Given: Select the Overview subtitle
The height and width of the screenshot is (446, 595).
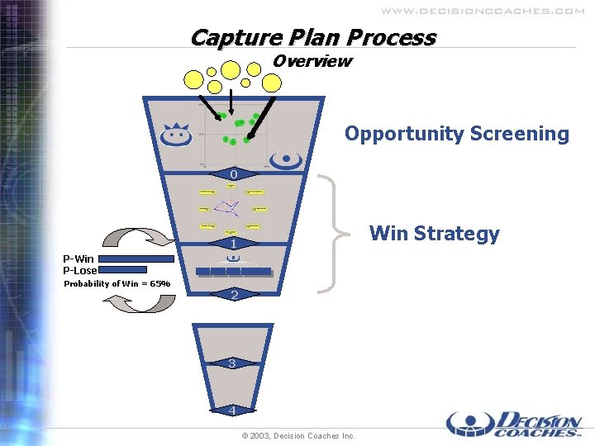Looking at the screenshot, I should point(312,61).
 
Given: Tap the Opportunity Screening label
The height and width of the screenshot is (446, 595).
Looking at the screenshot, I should point(457,134).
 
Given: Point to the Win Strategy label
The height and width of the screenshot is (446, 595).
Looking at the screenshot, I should point(435,234).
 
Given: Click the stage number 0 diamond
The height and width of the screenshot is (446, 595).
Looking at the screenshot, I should point(234,174).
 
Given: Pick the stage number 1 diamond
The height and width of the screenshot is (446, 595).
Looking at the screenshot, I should point(234,244).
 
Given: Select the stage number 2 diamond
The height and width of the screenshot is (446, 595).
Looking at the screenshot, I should point(234,295).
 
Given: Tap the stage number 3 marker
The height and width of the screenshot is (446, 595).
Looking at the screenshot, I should point(233,363).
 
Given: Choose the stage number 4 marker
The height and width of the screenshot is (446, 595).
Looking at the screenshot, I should point(234,410).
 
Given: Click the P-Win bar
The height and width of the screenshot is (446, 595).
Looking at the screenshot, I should point(136,259).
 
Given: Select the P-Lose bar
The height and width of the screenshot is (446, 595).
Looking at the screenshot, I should point(122,269).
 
